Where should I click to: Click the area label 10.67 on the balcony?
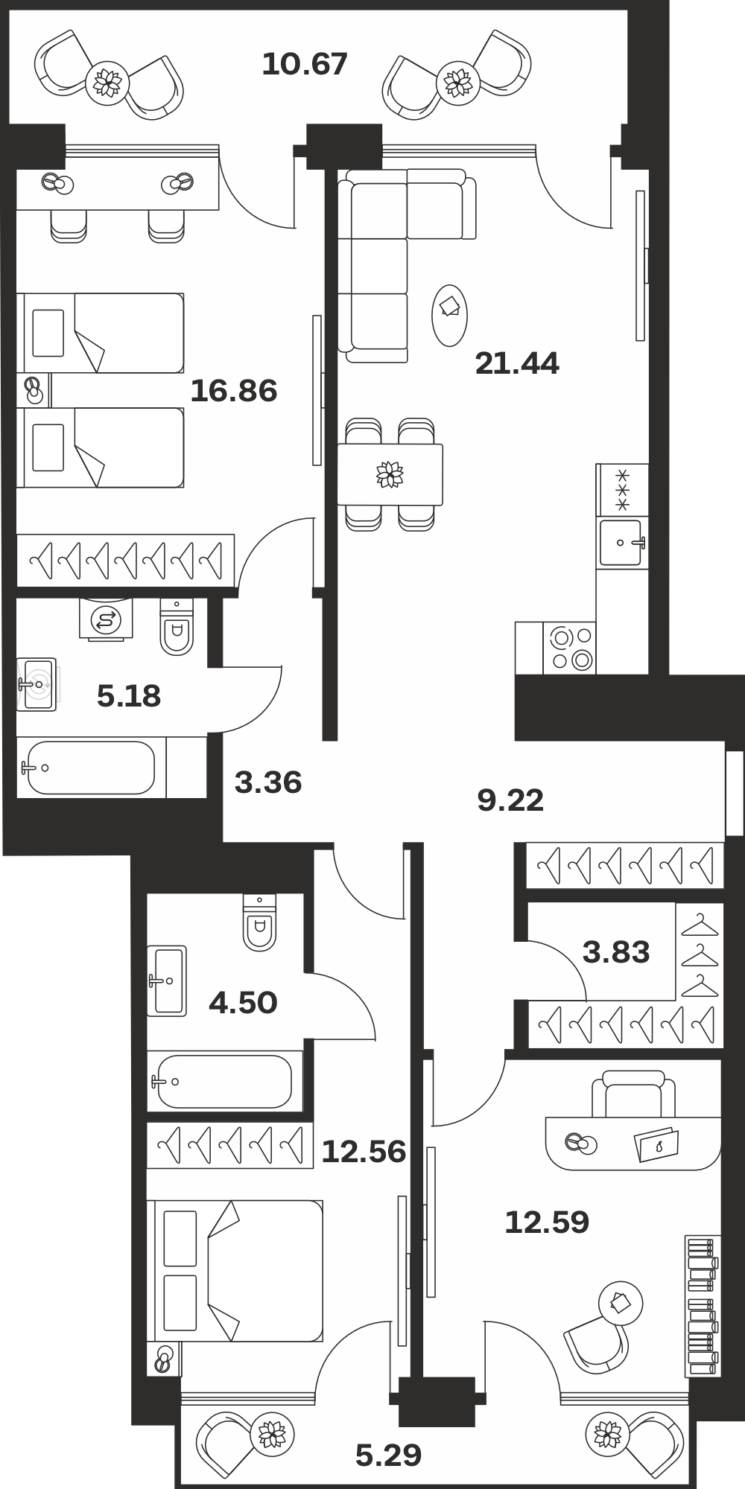coord(305,64)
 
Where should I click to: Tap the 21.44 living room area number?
coord(517,363)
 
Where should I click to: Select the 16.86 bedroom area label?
coord(234,390)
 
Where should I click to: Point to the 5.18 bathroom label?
coord(129,696)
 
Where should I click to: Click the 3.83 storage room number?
coord(616,951)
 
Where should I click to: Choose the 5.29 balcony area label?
coord(388,1454)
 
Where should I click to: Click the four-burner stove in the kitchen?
coord(570,648)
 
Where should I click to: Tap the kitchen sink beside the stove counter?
coord(621,543)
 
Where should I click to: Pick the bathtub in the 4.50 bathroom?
coord(225,1081)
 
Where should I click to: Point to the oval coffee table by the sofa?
coord(450,315)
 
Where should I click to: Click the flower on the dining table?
coord(390,474)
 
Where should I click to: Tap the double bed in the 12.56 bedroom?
coord(235,1271)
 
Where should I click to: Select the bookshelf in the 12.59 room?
coord(703,1307)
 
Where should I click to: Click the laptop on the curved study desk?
coord(656,1145)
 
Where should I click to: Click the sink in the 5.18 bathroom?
coord(37,683)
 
